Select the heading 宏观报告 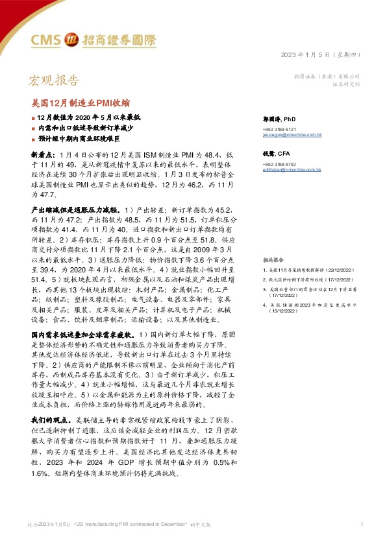coord(55,81)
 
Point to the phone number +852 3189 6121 coord(281,128)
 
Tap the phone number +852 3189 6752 coord(281,164)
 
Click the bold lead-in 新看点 coord(44,157)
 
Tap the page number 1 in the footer coord(360,523)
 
